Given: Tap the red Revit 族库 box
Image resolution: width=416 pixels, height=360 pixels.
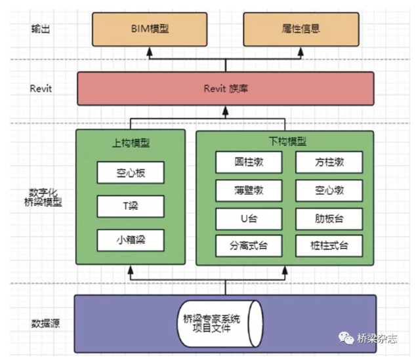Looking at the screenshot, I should click(225, 89).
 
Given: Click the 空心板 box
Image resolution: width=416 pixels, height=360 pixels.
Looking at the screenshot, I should click(130, 173).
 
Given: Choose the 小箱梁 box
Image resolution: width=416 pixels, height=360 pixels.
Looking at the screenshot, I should click(130, 240).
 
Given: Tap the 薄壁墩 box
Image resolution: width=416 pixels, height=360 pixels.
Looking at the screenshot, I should click(249, 190).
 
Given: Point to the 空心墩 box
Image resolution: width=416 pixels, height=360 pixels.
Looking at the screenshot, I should click(329, 190).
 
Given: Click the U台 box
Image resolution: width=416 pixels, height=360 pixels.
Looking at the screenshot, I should click(249, 218).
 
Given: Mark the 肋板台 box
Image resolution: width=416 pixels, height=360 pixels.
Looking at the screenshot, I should click(329, 218).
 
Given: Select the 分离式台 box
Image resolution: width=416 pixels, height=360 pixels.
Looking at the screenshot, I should click(249, 247).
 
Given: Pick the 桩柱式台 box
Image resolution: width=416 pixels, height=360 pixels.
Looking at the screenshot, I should click(329, 247).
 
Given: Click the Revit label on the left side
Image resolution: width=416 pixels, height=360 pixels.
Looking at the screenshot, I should click(41, 89).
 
